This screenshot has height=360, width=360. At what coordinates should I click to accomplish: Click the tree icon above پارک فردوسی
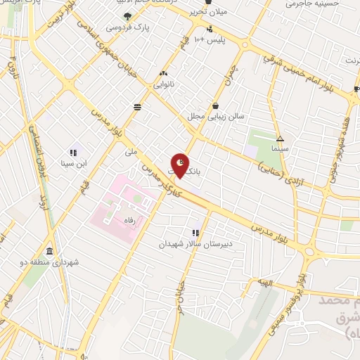click(127, 16)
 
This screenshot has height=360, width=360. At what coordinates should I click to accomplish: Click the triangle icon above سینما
click(280, 139)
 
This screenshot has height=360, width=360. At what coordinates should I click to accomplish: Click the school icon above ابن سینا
click(73, 152)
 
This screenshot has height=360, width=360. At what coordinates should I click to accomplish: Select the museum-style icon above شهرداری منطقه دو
click(49, 251)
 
